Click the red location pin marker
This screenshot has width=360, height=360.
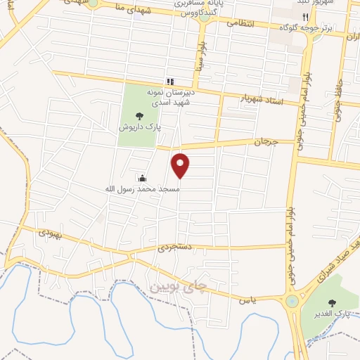click(181, 165)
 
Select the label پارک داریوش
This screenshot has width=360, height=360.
click(139, 129)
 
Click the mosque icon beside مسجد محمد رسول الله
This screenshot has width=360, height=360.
click(143, 178)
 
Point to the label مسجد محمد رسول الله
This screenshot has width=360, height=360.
click(143, 189)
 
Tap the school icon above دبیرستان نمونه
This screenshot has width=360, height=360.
click(169, 82)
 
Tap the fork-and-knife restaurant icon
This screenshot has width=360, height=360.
click(304, 17)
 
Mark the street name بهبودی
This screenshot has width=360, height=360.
click(51, 232)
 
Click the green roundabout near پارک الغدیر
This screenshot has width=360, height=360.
click(290, 302)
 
